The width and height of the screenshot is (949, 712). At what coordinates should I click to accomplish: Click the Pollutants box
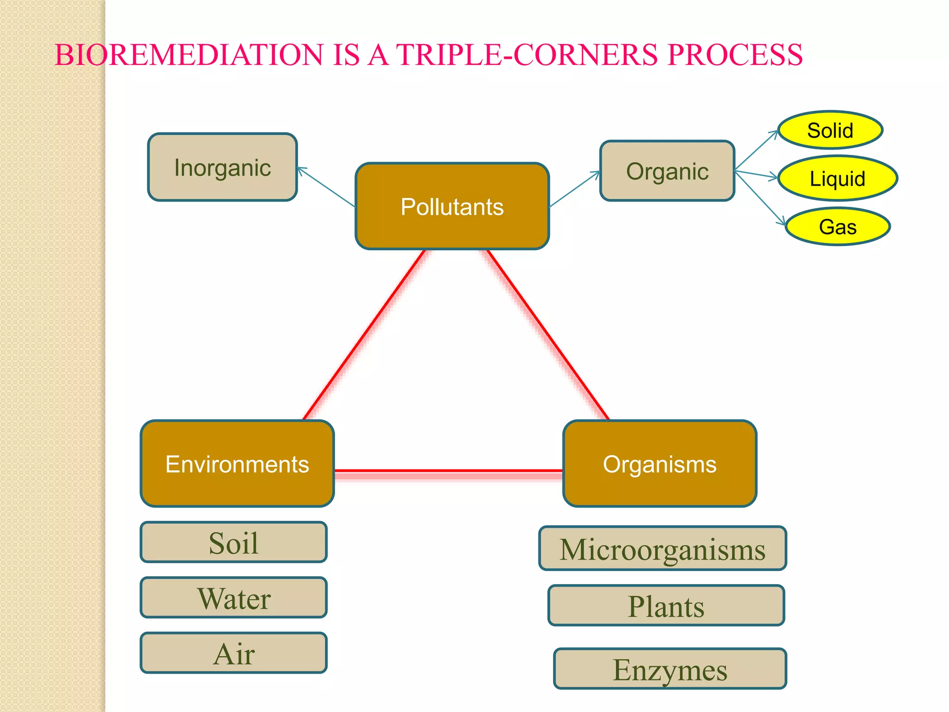tap(452, 206)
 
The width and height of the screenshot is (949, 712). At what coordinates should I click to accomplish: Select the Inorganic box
tap(222, 167)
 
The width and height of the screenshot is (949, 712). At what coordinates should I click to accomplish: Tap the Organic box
tap(667, 171)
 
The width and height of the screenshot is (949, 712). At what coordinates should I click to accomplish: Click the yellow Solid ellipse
tap(830, 130)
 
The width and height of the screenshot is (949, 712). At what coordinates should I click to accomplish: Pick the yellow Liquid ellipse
tap(837, 178)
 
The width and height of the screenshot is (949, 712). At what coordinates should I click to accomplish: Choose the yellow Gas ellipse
tap(837, 227)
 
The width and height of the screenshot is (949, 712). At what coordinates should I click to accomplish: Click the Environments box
tap(237, 464)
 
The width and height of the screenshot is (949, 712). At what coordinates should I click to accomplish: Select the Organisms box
tap(659, 464)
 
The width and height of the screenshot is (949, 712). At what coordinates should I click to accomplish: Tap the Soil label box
tap(234, 542)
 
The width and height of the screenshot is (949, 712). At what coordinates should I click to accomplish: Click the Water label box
tap(234, 598)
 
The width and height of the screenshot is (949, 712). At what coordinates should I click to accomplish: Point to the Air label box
tap(234, 653)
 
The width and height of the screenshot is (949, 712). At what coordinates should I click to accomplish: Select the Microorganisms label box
tap(663, 548)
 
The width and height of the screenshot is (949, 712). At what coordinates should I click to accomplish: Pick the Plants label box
tap(666, 605)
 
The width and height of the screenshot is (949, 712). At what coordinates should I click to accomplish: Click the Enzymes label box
tap(670, 669)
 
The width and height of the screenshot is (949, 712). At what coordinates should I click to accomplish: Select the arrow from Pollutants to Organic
tap(575, 189)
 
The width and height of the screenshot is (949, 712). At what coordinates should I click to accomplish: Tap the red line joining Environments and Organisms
tap(449, 471)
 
